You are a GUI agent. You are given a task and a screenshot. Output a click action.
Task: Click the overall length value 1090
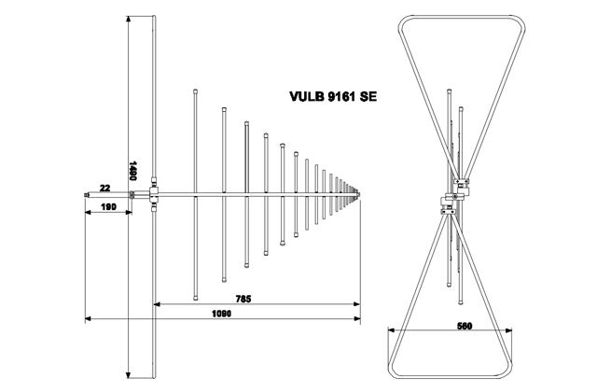tap(221, 315)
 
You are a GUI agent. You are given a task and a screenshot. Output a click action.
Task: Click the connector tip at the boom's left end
tap(86, 196)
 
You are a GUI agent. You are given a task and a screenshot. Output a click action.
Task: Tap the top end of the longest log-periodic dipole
tap(194, 91)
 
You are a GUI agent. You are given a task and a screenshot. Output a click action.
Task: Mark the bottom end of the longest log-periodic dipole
tap(194, 298)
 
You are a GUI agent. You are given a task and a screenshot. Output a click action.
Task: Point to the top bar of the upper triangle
tap(457, 16)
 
